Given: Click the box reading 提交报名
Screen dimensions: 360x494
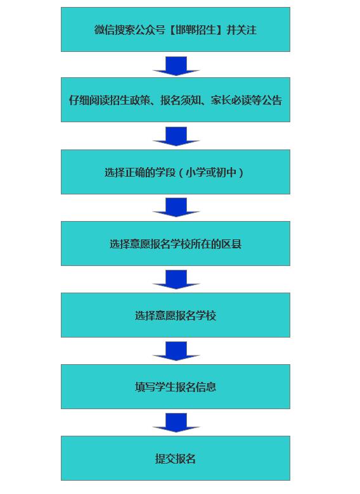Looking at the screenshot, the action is [x=176, y=458].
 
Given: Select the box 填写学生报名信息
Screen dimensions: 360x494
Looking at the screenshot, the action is [x=176, y=386].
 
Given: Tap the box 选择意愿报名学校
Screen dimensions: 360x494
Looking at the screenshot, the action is [x=176, y=315].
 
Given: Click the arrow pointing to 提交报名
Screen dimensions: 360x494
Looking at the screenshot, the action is [x=176, y=422].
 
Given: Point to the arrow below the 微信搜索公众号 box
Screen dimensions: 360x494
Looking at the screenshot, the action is [x=176, y=66].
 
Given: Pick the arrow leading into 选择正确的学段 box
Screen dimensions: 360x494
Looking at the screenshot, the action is [x=176, y=136].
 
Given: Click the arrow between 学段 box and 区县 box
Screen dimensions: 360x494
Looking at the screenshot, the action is [x=176, y=207].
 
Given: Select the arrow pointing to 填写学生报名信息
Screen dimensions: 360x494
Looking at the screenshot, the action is [x=176, y=351].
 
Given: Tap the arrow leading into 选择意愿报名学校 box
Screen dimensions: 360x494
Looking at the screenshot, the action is [x=176, y=279].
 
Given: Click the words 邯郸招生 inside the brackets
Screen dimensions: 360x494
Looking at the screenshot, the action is [x=196, y=30].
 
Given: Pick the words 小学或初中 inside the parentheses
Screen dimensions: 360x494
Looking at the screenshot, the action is [x=211, y=172].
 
